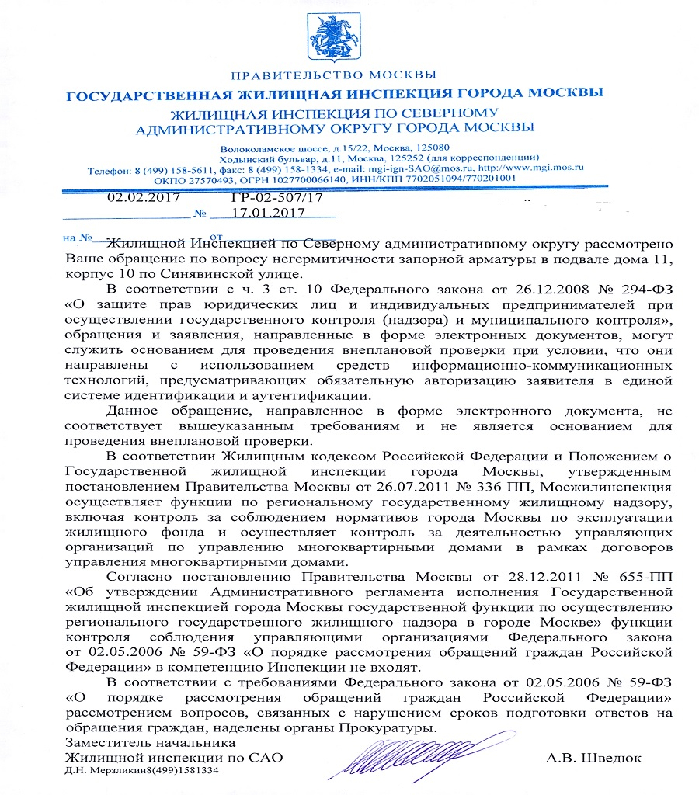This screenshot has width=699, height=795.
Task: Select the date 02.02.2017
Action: click(144, 197)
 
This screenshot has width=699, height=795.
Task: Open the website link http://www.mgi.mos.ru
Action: click(534, 167)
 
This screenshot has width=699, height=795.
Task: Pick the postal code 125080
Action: click(429, 147)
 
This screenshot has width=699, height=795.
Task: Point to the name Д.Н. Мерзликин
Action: click(101, 770)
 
